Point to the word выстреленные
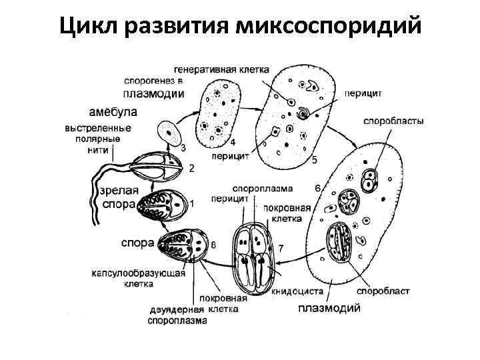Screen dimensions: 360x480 (98, 128)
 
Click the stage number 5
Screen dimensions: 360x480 (314, 160)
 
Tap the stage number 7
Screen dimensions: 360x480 (281, 249)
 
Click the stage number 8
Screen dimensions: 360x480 (213, 245)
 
